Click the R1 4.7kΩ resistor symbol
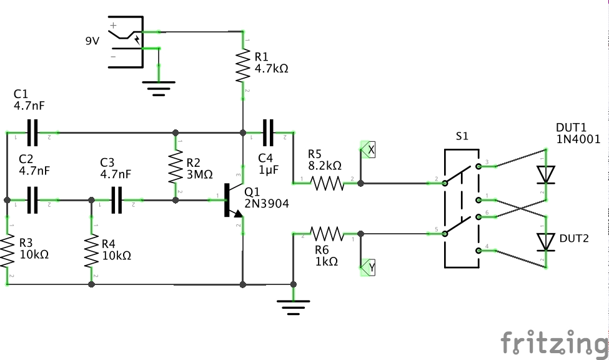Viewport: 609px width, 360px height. click(242, 66)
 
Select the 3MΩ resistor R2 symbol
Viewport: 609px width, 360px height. click(176, 166)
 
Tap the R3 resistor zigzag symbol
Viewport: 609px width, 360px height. click(7, 251)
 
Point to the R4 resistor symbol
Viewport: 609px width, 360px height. click(92, 251)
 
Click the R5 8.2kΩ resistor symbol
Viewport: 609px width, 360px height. click(327, 183)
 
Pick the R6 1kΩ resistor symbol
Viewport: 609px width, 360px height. click(327, 234)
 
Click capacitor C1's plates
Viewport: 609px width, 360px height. click(32, 132)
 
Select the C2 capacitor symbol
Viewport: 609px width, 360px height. click(32, 200)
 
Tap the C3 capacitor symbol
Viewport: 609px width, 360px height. click(116, 200)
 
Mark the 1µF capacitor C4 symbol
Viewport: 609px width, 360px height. click(269, 132)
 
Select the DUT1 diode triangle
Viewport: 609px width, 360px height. click(547, 175)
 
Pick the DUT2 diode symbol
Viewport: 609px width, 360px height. click(547, 241)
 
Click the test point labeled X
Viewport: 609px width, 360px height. click(369, 151)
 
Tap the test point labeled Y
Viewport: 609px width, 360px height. click(369, 267)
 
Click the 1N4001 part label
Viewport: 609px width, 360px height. click(578, 139)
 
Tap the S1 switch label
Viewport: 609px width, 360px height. click(462, 136)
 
